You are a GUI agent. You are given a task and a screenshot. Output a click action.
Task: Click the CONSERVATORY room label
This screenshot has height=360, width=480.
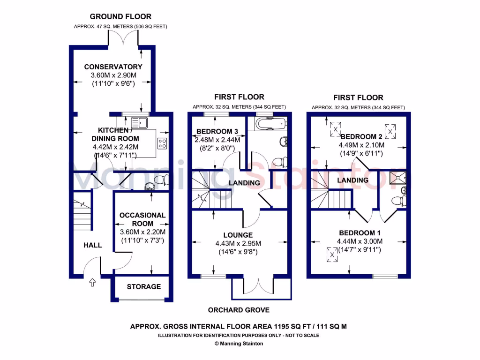(113, 67)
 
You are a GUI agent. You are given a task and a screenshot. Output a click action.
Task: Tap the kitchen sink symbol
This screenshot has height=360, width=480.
(139, 123)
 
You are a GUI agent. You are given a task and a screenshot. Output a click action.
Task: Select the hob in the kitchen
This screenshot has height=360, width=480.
(163, 143)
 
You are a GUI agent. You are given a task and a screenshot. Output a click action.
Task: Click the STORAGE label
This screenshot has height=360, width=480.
(143, 287)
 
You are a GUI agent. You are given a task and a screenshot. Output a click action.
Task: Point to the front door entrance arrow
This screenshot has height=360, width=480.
(92, 282)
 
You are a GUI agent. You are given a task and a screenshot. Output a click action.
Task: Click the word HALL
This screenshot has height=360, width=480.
(93, 245)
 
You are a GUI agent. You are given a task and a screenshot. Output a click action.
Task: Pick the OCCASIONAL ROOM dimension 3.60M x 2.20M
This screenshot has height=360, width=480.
(142, 232)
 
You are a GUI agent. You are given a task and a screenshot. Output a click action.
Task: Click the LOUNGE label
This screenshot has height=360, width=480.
(238, 235)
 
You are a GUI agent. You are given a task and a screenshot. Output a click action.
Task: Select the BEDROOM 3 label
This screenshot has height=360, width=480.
(217, 131)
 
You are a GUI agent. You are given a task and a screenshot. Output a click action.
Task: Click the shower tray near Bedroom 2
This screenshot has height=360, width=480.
(398, 177)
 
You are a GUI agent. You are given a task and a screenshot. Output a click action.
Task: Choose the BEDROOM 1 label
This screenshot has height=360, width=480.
(360, 233)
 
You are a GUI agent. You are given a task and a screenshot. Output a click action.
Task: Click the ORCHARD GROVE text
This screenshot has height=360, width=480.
(239, 310)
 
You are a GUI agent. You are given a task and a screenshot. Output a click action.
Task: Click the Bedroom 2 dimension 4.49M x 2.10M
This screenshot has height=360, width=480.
(361, 145)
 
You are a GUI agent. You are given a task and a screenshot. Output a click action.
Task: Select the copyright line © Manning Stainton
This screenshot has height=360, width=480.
(239, 344)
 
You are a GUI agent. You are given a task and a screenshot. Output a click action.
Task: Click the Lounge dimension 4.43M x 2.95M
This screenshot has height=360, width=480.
(238, 243)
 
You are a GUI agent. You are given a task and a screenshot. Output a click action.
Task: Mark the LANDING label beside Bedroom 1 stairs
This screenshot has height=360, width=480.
(353, 180)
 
